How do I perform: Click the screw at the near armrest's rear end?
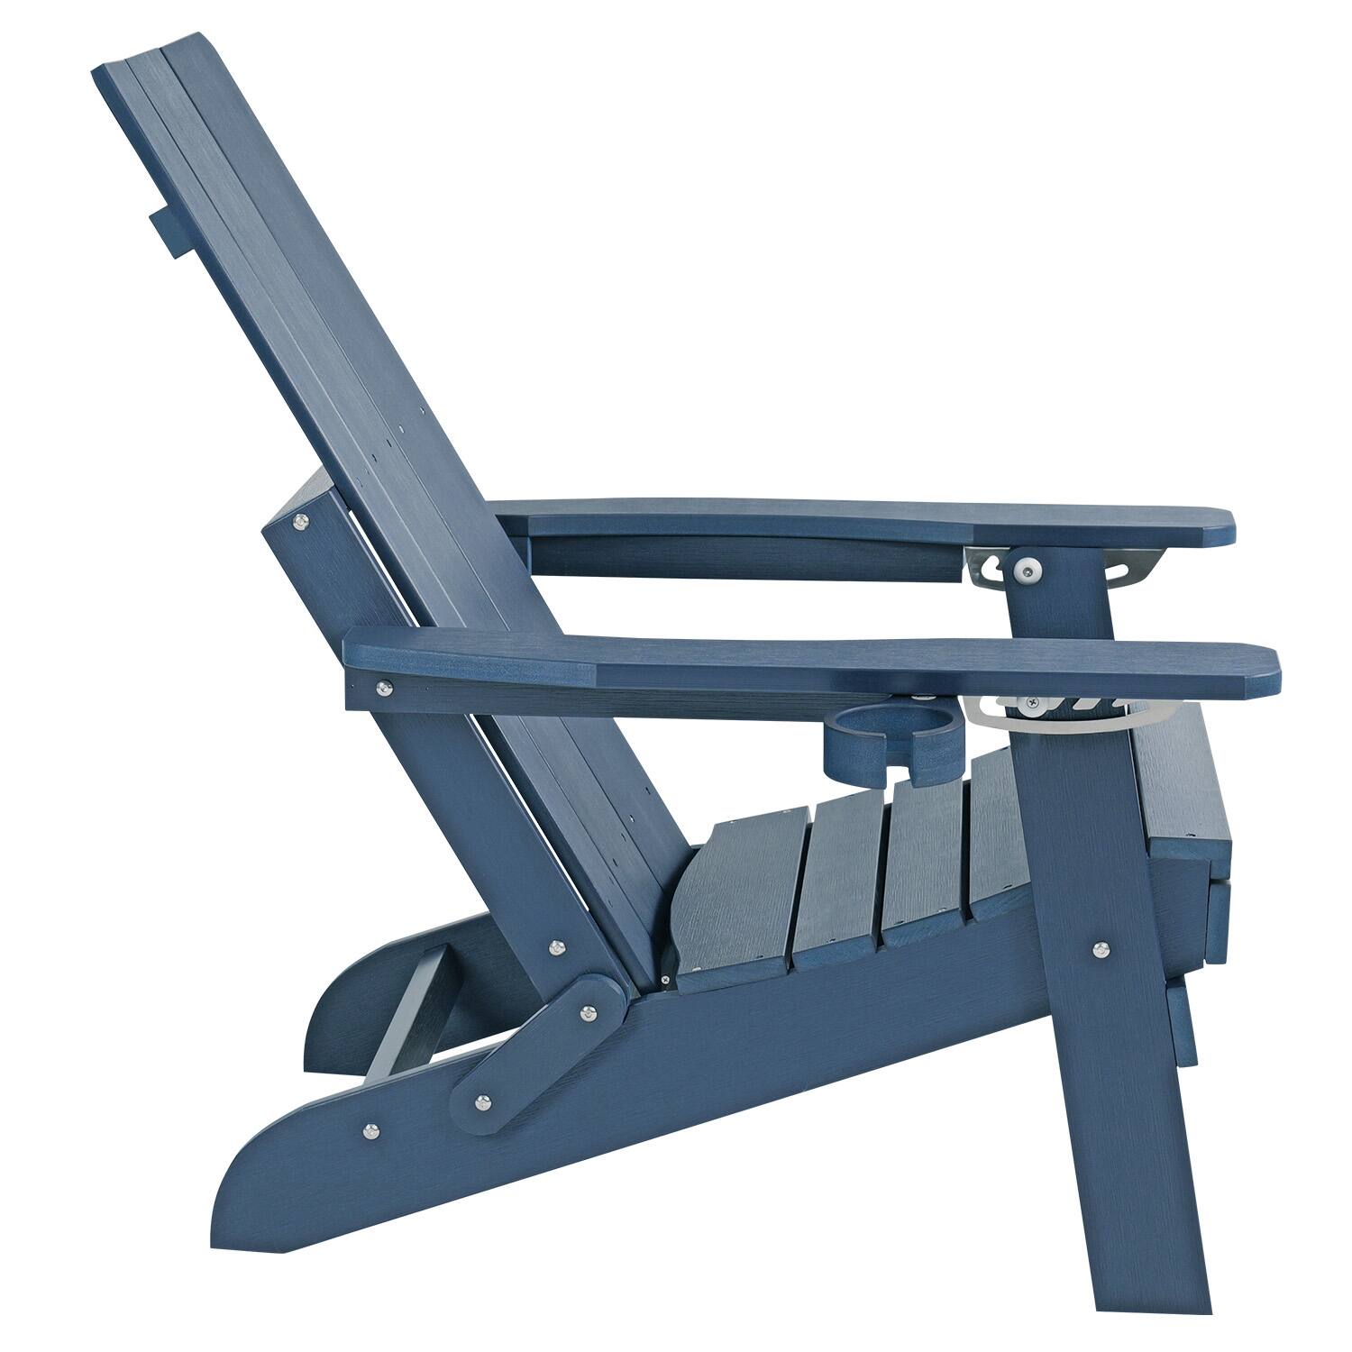[386, 689]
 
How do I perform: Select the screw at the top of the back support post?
[299, 520]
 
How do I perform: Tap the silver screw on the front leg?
[1100, 949]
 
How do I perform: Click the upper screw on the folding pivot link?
[590, 1012]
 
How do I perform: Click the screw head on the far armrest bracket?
[1025, 570]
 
